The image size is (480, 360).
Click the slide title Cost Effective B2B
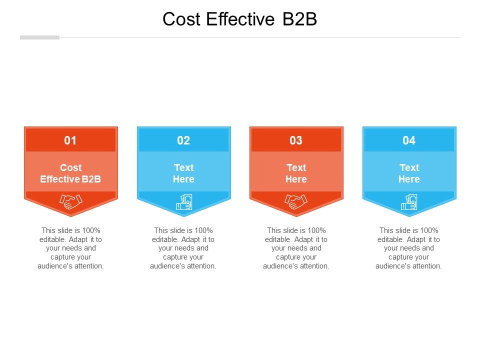[240, 19]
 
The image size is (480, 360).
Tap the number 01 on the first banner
[70, 140]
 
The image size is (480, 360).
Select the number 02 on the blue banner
[183, 140]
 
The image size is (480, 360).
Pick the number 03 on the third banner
[296, 140]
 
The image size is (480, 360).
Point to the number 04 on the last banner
[409, 140]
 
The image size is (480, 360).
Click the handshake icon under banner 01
[71, 201]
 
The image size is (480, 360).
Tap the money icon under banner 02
[184, 202]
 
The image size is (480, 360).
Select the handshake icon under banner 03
[296, 201]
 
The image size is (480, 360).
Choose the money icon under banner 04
[409, 202]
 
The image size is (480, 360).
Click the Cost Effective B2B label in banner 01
[70, 173]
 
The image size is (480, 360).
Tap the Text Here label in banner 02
[183, 173]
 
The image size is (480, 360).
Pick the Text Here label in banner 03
[296, 173]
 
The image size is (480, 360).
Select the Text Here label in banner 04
[409, 173]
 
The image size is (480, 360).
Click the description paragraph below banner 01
[70, 248]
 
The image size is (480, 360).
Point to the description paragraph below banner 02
[183, 248]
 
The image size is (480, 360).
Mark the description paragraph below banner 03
[296, 248]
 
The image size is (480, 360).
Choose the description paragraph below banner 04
[409, 248]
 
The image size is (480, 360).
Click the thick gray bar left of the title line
[39, 37]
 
